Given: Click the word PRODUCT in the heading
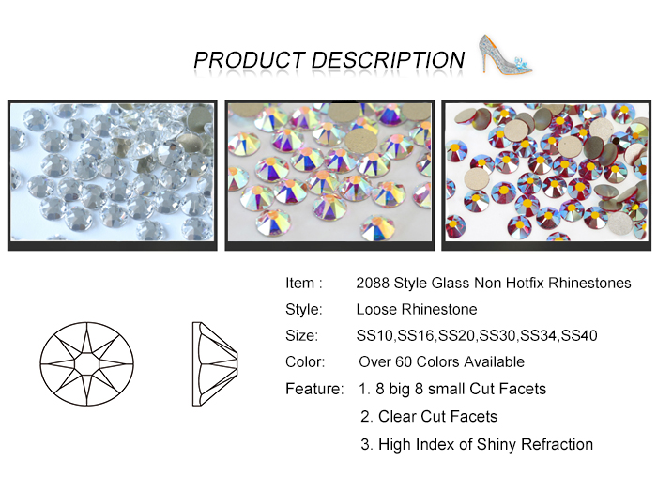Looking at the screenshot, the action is tap(250, 60).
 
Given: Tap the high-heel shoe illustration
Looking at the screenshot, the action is tap(505, 54).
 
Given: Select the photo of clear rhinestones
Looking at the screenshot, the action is tap(113, 176).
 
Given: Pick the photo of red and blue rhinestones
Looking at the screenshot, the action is tap(546, 176).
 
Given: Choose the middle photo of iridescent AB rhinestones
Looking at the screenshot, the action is tap(329, 176).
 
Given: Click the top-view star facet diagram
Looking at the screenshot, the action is tap(87, 363).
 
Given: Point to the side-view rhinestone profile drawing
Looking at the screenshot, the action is tap(215, 363).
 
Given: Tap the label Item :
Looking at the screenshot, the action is tap(304, 284).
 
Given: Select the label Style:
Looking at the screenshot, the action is tap(304, 309).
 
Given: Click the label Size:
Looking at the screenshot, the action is tap(301, 336).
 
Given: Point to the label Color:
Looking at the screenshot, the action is tap(305, 362).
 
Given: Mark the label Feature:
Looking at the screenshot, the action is tap(314, 389).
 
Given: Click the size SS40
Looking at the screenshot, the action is tap(579, 336).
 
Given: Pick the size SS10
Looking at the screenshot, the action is tap(374, 336).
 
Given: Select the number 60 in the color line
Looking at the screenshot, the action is tap(404, 362).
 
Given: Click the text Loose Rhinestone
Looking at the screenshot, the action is tap(417, 309).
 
